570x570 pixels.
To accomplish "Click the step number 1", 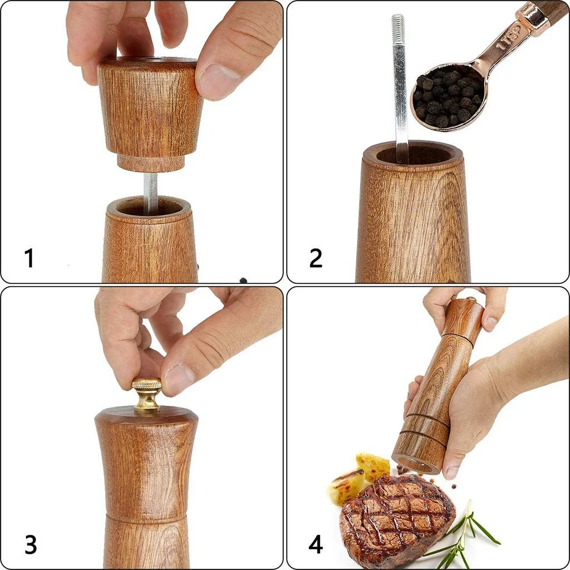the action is click(29, 258).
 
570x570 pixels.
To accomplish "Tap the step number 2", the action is click(316, 258).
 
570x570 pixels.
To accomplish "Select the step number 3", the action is click(31, 544).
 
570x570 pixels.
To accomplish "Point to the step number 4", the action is click(316, 544).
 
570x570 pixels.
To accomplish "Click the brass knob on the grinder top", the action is click(147, 395).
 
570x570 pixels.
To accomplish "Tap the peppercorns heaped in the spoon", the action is click(448, 97).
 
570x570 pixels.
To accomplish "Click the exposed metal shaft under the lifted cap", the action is click(150, 193).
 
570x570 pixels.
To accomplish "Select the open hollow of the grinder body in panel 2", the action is click(414, 154).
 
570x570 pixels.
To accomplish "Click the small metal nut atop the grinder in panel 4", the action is click(471, 299).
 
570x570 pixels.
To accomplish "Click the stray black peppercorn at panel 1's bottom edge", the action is click(243, 280).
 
